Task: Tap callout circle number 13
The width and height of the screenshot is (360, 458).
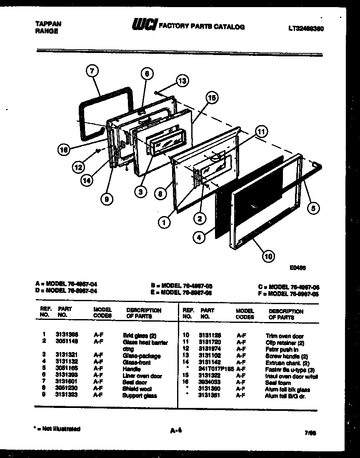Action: [x=182, y=81]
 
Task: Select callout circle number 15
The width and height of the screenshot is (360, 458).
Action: [x=212, y=98]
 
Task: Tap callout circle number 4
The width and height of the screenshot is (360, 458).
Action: [x=200, y=237]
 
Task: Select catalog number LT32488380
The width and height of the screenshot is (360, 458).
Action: [x=306, y=29]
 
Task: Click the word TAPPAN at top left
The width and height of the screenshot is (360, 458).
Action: [x=46, y=24]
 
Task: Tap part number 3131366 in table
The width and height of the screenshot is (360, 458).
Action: [x=67, y=335]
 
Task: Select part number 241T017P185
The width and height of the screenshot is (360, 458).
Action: [x=216, y=369]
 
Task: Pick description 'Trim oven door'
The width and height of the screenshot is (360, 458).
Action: [x=285, y=336]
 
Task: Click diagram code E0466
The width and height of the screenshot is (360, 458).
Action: [x=298, y=269]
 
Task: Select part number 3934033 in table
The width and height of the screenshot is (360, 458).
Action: [x=209, y=382]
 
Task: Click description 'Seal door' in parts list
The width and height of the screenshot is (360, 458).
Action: [x=134, y=383]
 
